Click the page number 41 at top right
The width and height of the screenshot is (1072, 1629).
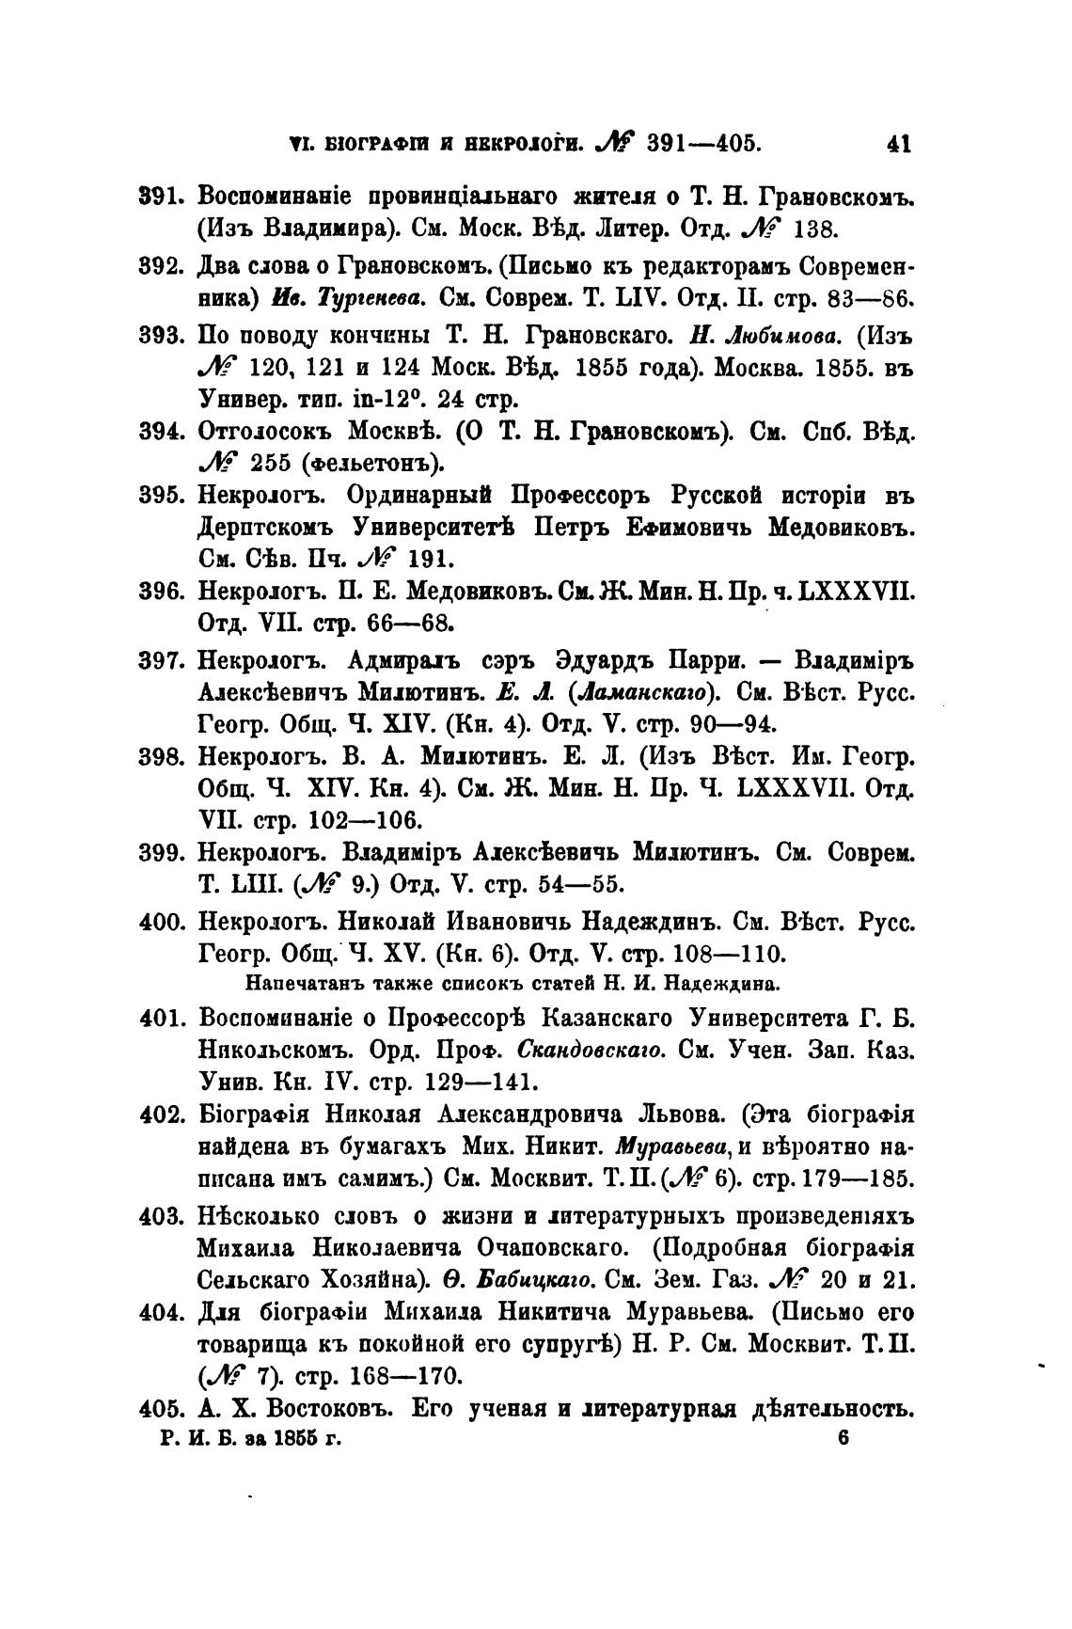click(898, 145)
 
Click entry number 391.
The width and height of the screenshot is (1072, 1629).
click(166, 198)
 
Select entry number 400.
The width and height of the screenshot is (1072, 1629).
click(166, 922)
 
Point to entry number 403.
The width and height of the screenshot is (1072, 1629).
click(166, 1215)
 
